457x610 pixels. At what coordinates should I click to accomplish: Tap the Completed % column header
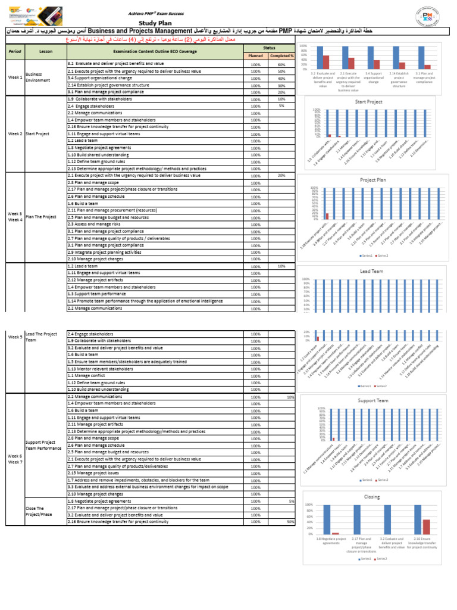coord(281,56)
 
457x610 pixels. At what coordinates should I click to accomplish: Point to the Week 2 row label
coord(15,134)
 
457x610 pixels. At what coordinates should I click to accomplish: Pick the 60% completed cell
coord(281,64)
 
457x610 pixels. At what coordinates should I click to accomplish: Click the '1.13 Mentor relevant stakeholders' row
coord(101,369)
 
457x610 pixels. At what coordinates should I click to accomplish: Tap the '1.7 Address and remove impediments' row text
coord(138,480)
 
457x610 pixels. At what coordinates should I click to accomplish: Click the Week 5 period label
coord(15,337)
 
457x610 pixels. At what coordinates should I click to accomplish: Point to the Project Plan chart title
coord(373,179)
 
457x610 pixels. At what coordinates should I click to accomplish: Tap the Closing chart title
coord(372,496)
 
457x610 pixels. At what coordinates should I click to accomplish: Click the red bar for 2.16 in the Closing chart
coord(427,527)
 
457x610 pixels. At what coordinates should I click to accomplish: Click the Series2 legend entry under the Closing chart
coord(380,558)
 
